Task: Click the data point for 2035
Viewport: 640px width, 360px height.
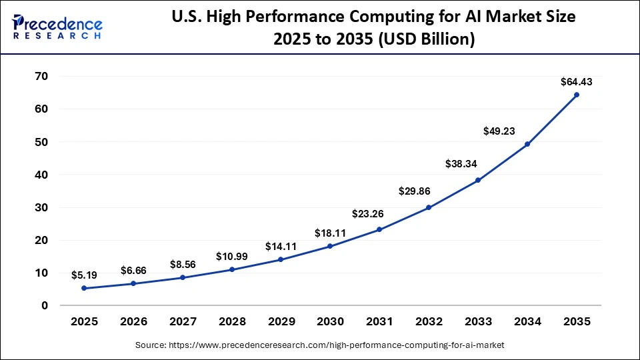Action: [x=576, y=95]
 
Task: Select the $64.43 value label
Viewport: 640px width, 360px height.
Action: [x=576, y=83]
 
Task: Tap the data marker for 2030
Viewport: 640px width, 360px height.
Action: [x=330, y=246]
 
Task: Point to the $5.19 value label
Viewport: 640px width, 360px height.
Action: [x=84, y=275]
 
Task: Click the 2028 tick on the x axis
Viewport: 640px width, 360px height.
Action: [x=231, y=321]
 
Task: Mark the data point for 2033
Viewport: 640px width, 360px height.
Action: [x=478, y=180]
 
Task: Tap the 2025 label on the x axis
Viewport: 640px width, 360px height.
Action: [x=84, y=321]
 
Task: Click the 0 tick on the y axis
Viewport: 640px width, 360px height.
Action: [x=45, y=305]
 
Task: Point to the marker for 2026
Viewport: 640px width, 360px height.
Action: [x=133, y=283]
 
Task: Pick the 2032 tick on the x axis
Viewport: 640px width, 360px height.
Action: [x=429, y=321]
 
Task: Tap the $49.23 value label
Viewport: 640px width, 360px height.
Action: [x=500, y=132]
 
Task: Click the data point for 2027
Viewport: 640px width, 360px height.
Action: [x=183, y=277]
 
